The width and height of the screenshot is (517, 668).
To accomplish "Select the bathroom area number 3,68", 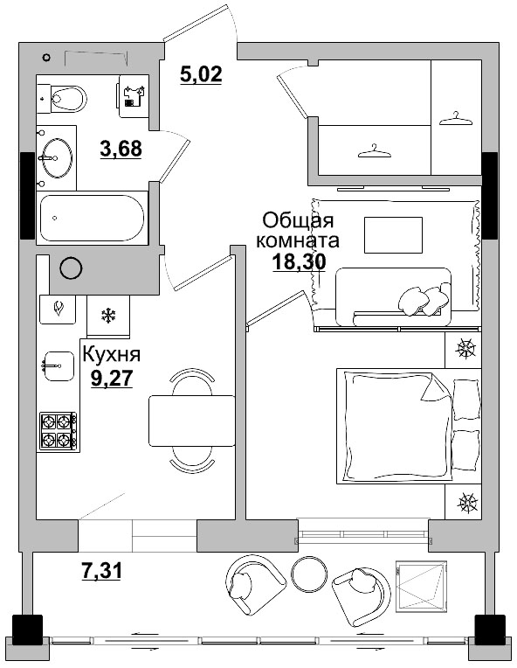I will coord(121,150).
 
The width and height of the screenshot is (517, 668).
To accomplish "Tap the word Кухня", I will coord(110,354).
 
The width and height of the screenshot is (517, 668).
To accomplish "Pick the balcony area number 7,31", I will coord(101,572).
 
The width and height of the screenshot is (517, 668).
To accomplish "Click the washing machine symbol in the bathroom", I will coord(133,94).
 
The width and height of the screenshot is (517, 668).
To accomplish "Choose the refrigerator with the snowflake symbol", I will coord(109,316).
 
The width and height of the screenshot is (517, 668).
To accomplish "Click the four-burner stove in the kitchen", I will coord(59,431).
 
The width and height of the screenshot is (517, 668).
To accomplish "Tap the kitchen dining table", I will coord(192,421).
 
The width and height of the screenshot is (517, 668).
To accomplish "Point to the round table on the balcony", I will coord(308,574).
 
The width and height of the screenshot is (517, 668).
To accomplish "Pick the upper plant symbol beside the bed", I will coord(467,350).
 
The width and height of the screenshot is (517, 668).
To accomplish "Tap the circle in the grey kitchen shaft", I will coord(70,268).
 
